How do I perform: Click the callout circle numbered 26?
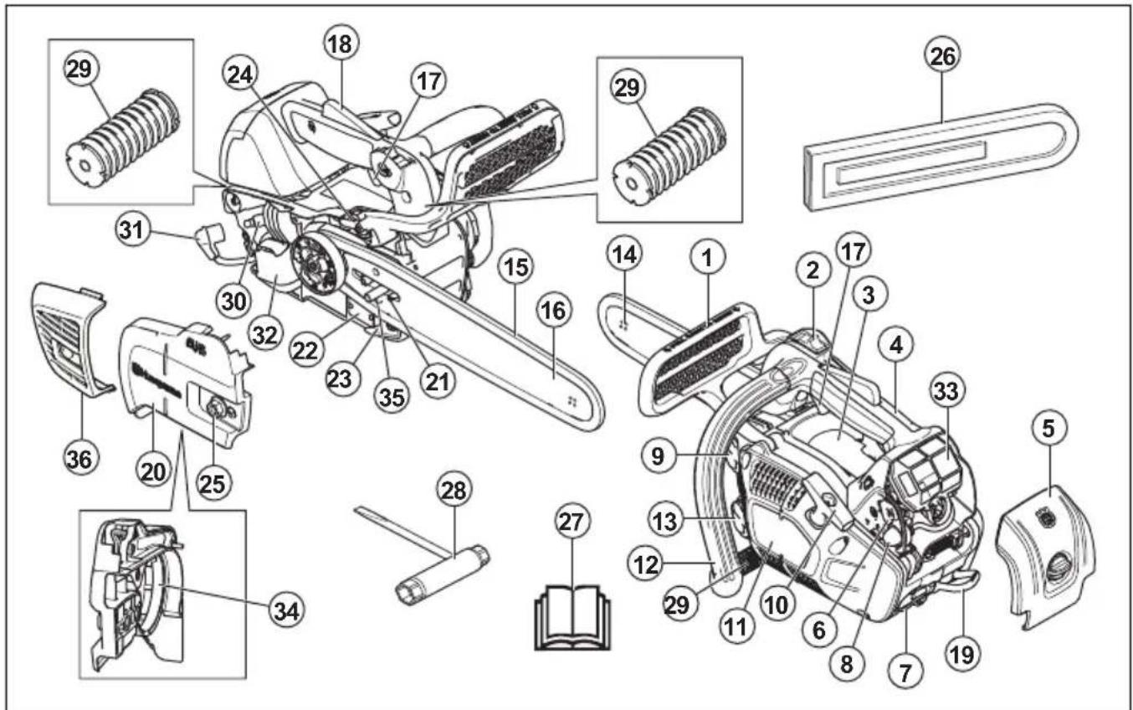click(x=940, y=58)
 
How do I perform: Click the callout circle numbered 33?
click(x=948, y=390)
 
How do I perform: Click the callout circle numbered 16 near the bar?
click(x=553, y=311)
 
